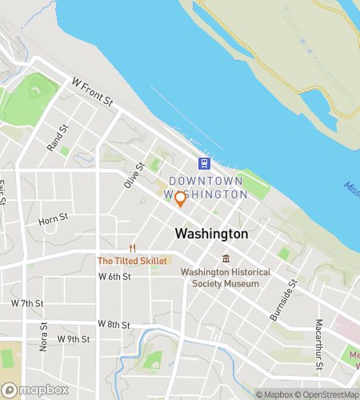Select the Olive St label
click(133, 175)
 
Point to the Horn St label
click(52, 218)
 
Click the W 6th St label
click(114, 276)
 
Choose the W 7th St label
click(27, 303)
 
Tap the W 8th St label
click(114, 323)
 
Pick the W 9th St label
click(74, 339)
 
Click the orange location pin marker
click(181, 198)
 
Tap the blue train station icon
click(205, 164)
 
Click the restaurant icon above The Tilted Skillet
click(133, 248)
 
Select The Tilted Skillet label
click(133, 261)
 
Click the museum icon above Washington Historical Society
click(226, 258)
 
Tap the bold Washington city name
click(211, 234)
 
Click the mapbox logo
click(35, 390)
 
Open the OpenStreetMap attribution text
click(327, 394)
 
